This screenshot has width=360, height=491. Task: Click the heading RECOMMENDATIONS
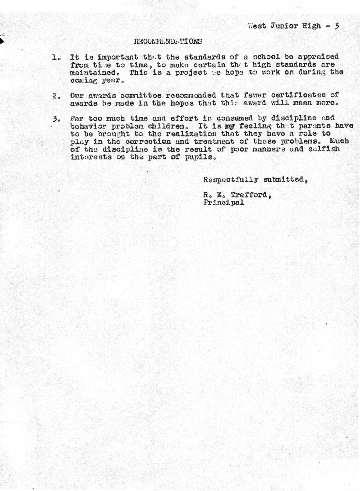[168, 41]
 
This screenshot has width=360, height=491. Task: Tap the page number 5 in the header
[336, 26]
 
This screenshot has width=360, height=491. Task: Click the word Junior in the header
[283, 26]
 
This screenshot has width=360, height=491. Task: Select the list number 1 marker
[56, 57]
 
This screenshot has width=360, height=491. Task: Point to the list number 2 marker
[56, 96]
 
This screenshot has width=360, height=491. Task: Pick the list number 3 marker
[56, 118]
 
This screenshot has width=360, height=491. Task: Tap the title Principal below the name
[224, 202]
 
